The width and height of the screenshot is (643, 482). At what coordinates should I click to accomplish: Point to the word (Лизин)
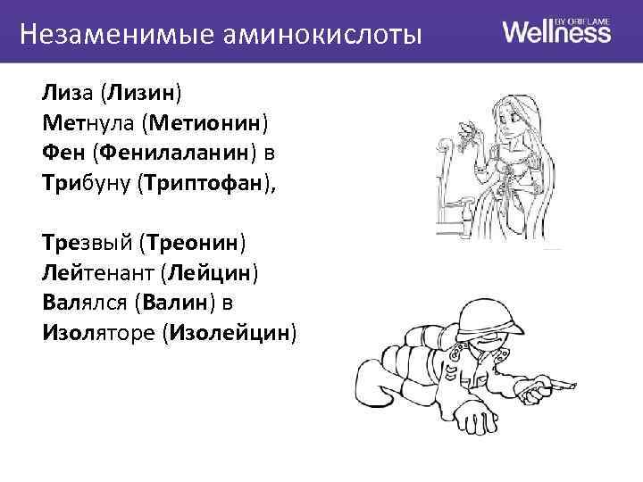click(x=140, y=91)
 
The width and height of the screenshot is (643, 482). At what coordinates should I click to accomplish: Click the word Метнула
click(x=86, y=122)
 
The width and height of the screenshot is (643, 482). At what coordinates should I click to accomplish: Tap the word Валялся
click(x=84, y=303)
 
